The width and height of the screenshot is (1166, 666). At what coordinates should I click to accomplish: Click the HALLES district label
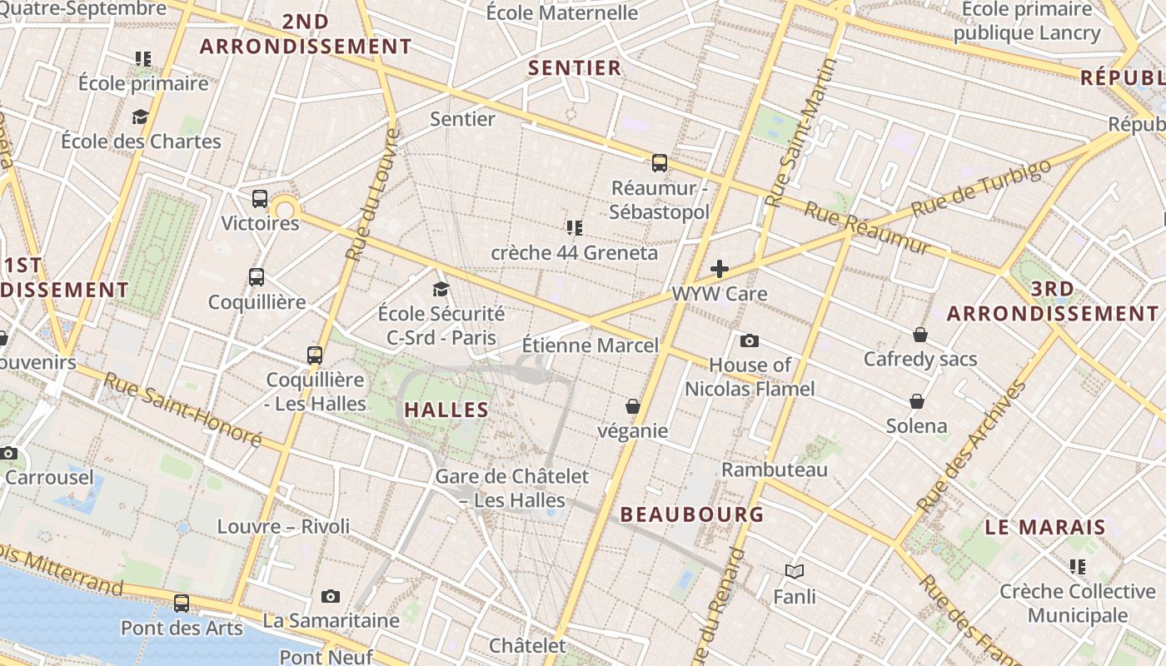click(x=446, y=410)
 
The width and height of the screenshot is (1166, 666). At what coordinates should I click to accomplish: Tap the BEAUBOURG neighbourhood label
click(x=691, y=514)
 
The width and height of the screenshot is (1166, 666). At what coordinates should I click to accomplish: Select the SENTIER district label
click(x=575, y=68)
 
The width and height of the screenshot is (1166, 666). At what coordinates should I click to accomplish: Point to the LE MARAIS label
click(x=1045, y=527)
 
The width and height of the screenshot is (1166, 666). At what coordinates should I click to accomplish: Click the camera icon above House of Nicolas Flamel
click(x=750, y=340)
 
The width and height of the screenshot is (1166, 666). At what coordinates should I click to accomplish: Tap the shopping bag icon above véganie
click(x=633, y=406)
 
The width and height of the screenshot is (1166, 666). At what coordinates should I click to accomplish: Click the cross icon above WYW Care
click(x=720, y=269)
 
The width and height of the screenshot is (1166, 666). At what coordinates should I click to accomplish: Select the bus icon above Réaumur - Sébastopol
click(x=660, y=162)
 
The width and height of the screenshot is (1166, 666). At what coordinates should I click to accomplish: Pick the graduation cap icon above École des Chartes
click(x=141, y=117)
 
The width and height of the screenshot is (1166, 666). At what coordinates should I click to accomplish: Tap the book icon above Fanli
click(x=795, y=572)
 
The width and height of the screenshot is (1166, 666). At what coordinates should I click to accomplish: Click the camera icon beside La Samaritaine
click(x=331, y=596)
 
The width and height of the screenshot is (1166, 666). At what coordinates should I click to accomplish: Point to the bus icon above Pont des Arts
click(x=182, y=604)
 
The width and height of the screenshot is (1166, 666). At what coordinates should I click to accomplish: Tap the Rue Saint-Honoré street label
click(x=182, y=409)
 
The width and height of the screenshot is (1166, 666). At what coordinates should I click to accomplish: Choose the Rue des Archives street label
click(x=972, y=447)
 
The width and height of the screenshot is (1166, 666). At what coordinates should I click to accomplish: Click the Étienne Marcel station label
click(x=590, y=345)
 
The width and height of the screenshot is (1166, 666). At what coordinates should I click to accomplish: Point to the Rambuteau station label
click(x=775, y=470)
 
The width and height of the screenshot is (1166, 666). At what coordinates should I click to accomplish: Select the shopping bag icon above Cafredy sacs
click(x=920, y=335)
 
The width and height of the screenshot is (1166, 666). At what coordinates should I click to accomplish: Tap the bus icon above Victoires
click(x=260, y=199)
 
